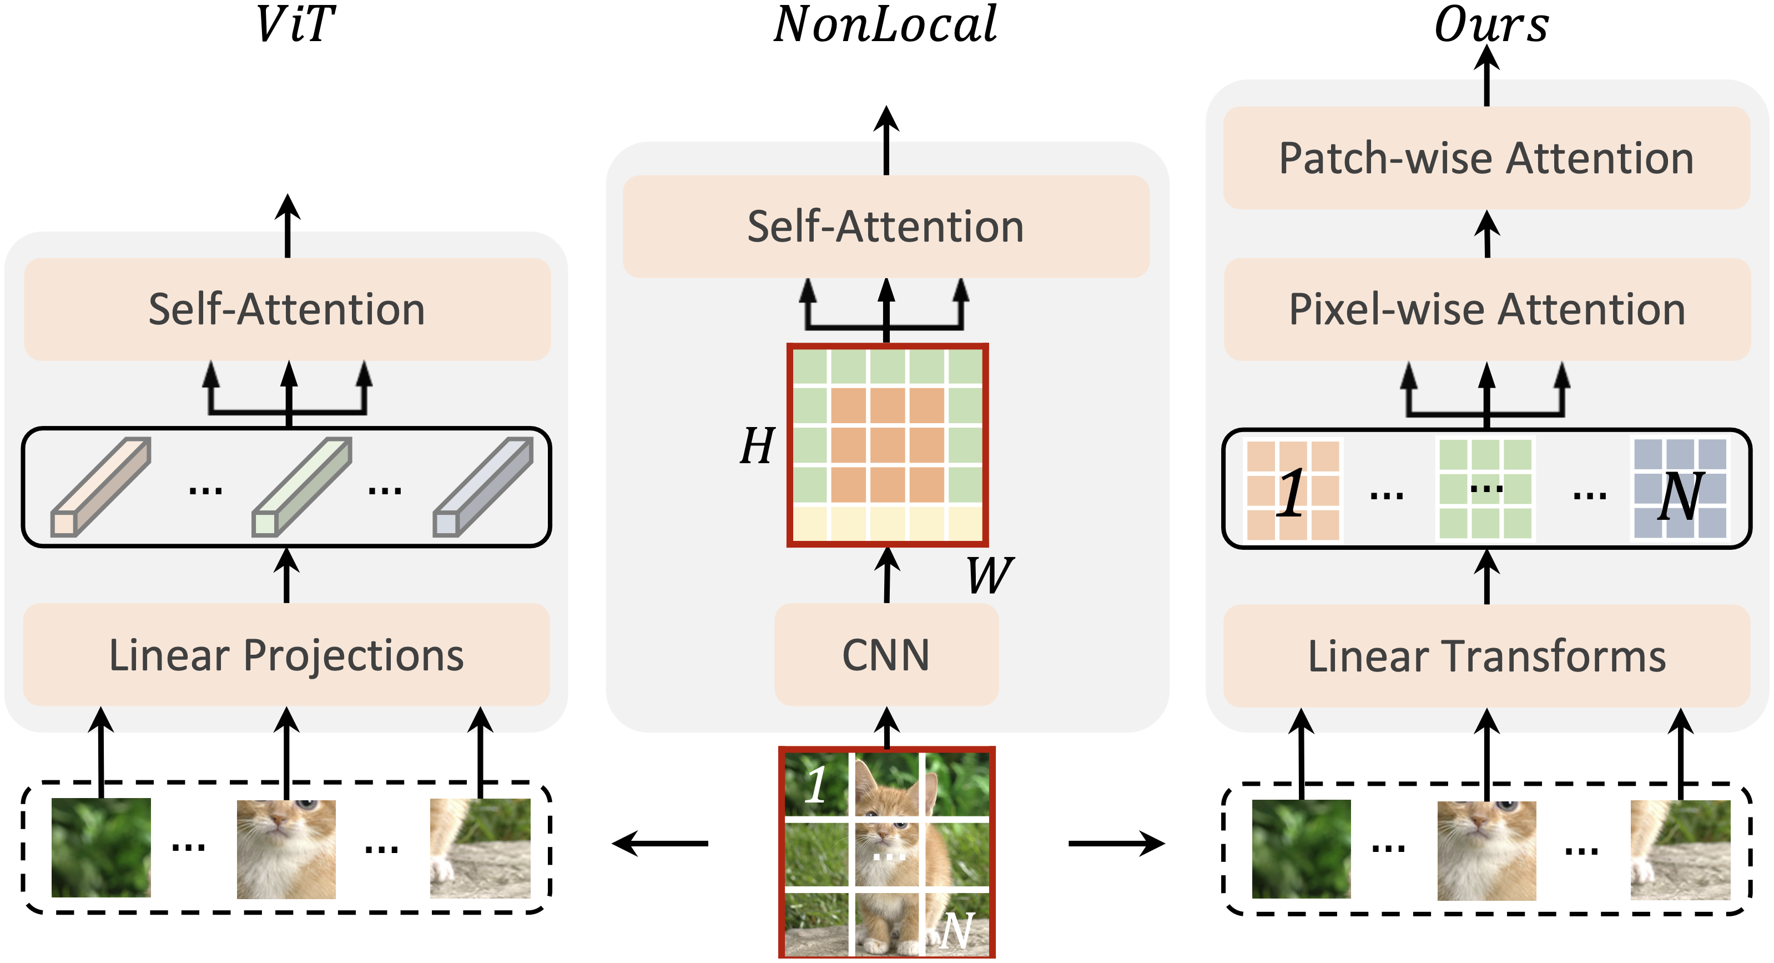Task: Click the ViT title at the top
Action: (x=295, y=25)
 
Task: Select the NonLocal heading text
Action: (x=886, y=25)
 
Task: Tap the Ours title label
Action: (x=1491, y=25)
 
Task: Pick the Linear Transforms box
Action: (x=1487, y=656)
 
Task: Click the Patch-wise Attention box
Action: (x=1487, y=158)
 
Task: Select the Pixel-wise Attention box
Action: (x=1488, y=309)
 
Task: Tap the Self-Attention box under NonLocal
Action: (x=886, y=227)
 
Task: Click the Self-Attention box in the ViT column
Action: (x=287, y=309)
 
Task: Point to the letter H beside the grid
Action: (x=758, y=446)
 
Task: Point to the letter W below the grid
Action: (x=989, y=575)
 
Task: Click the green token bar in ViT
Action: (x=301, y=487)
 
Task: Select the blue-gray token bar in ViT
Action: (x=483, y=487)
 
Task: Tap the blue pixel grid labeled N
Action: (x=1680, y=488)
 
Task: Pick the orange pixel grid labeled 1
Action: (x=1293, y=490)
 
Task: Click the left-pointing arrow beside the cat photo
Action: (x=660, y=842)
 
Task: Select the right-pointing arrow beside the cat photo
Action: (x=1116, y=842)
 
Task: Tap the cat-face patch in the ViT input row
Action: (x=286, y=849)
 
